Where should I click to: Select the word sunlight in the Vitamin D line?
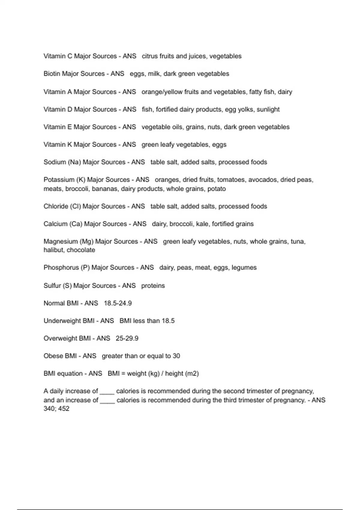(268, 109)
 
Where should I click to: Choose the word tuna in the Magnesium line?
(297, 241)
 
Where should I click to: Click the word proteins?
(153, 286)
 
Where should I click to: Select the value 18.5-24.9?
(118, 303)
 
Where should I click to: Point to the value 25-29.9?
(127, 338)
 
